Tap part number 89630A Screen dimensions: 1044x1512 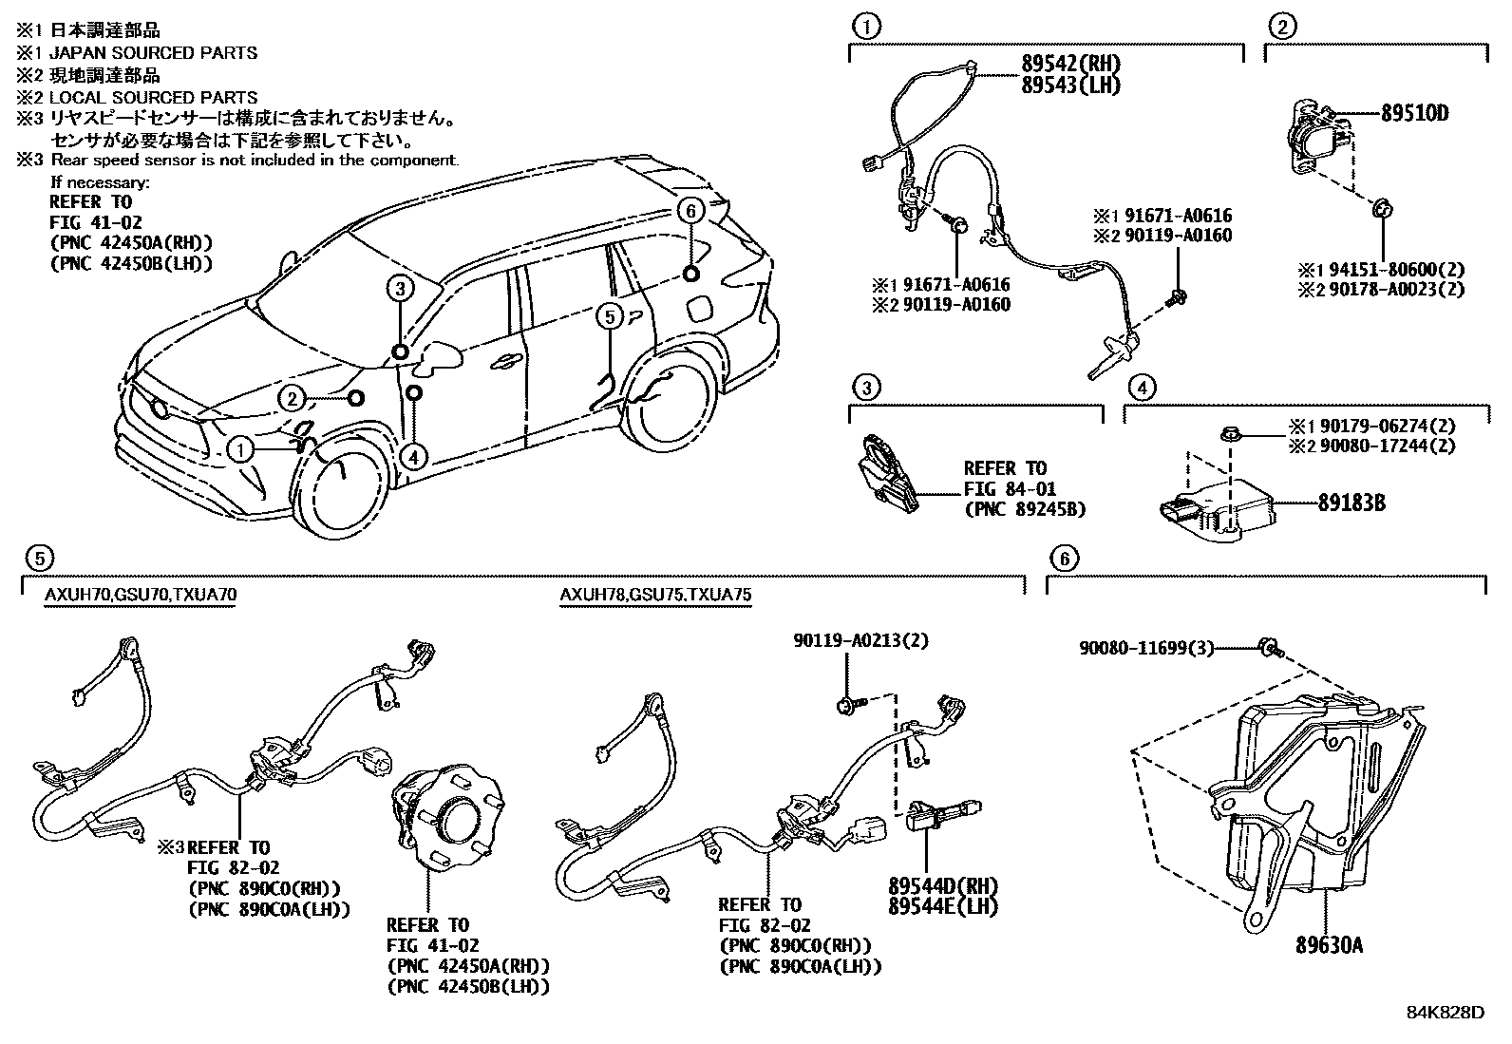pos(1330,945)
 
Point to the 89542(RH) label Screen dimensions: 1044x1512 pos(1071,64)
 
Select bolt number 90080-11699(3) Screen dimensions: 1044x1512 pos(1146,648)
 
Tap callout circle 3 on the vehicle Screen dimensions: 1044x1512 pos(401,288)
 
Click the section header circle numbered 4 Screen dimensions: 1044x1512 pos(1143,387)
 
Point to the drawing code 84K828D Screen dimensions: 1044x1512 pos(1445,1012)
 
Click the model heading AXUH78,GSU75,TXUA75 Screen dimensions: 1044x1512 pos(655,596)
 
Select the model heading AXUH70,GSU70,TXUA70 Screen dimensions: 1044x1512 pos(141,596)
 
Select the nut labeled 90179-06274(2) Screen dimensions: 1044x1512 pos(1229,435)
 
